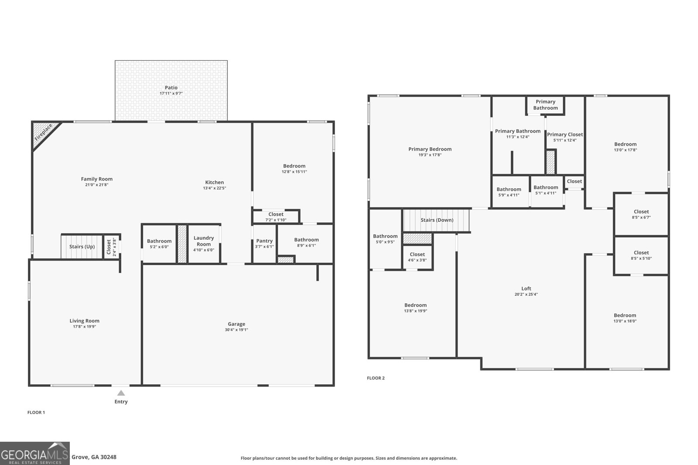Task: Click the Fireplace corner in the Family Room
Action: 43,132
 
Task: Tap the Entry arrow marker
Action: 121,394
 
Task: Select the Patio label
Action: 171,88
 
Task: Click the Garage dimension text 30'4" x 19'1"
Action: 236,330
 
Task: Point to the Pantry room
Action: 264,243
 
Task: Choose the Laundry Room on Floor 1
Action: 204,244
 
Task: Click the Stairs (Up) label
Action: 82,247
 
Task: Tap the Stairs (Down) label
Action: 437,220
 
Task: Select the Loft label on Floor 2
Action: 526,289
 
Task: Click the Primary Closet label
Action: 565,135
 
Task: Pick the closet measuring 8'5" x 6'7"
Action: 641,214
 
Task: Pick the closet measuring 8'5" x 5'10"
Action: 641,255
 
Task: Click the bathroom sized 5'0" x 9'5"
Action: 385,239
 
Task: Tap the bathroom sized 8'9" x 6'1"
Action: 306,242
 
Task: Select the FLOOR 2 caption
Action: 376,378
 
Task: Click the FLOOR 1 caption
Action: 36,412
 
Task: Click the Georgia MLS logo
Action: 34,453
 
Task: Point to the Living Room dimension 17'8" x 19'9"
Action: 85,326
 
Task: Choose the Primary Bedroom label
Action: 430,149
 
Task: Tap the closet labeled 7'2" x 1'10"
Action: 276,217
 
